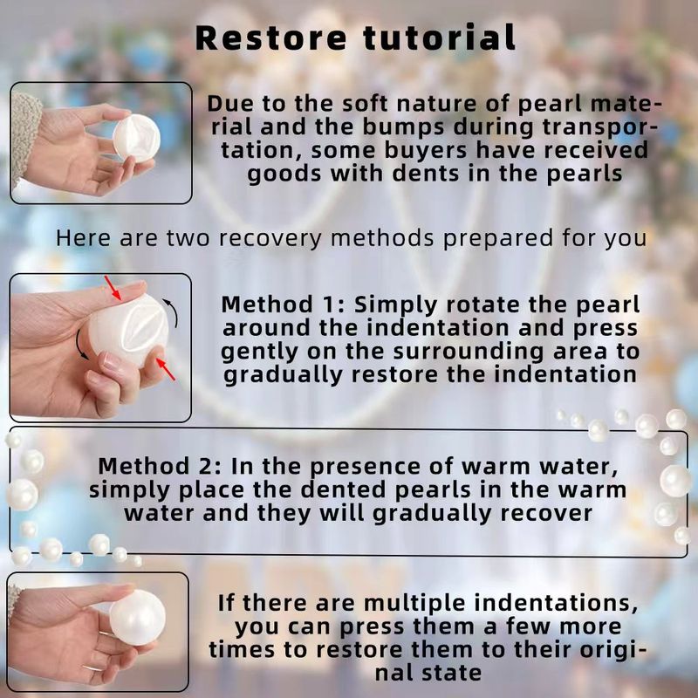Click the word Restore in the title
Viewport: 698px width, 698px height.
(270, 38)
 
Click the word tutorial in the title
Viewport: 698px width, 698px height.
(440, 38)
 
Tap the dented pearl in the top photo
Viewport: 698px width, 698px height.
(136, 138)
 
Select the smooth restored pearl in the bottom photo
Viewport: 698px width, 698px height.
(137, 617)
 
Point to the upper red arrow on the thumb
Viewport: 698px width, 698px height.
(113, 288)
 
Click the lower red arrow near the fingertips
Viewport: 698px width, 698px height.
(165, 369)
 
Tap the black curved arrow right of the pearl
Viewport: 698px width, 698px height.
(171, 312)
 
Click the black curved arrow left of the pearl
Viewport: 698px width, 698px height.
(81, 345)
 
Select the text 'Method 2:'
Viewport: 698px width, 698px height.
(160, 467)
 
